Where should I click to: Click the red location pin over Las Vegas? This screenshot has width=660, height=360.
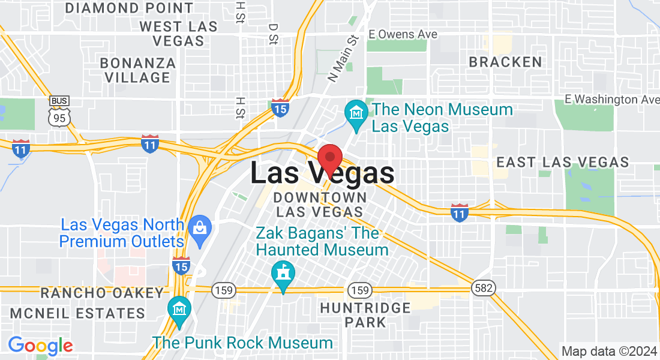329,158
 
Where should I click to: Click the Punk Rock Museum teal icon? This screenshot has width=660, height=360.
179,310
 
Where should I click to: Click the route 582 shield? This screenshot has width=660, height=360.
484,289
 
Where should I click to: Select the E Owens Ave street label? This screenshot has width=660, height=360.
403,34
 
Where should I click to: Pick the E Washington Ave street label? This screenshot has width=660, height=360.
612,99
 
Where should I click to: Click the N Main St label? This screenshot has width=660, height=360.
343,58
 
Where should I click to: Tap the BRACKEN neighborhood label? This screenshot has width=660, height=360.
505,62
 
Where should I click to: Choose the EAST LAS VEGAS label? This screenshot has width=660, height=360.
563,162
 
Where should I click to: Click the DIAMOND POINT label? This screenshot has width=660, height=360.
129,8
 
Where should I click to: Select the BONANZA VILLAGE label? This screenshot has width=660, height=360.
138,70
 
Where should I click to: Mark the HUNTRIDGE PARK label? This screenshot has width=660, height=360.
365,315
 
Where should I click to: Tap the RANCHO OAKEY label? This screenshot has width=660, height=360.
102,293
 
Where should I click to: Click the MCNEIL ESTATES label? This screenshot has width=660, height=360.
77,313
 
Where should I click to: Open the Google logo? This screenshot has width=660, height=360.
40,345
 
